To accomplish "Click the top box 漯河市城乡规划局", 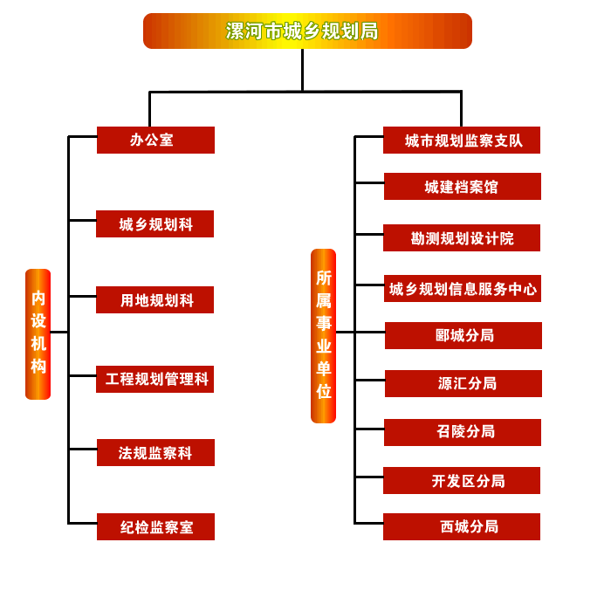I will click(307, 31).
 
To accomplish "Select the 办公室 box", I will click(155, 140).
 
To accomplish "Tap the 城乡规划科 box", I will click(154, 224).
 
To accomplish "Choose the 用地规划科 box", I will click(154, 300).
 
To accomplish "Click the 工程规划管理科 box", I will click(154, 380).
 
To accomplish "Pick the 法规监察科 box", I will click(154, 453).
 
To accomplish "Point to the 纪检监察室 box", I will click(155, 527).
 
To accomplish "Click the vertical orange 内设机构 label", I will click(38, 333).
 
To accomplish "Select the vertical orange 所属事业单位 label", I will click(323, 336).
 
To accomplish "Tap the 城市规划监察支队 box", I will click(462, 141).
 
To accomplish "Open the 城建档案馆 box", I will click(462, 187).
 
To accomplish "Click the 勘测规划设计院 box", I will click(462, 238).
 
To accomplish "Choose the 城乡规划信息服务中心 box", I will click(463, 289).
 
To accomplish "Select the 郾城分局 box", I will click(463, 336).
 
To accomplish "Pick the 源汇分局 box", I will click(463, 383).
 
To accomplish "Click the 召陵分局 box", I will click(463, 432).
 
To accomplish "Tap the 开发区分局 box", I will click(462, 481).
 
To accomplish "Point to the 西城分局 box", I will click(462, 527).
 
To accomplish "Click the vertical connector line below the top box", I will click(303, 70).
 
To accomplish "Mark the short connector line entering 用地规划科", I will click(82, 296).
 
